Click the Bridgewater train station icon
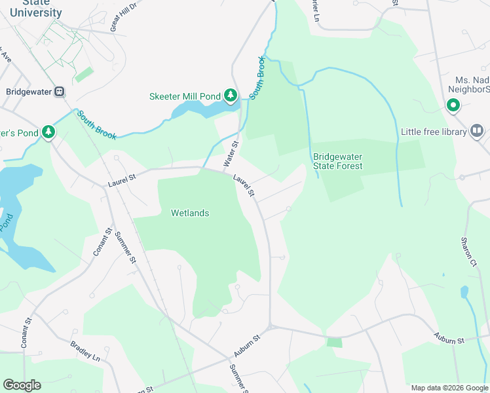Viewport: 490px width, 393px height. click(60, 92)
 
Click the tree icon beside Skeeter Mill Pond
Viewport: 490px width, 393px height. click(230, 96)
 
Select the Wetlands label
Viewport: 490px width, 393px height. click(190, 213)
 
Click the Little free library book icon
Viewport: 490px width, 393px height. click(477, 132)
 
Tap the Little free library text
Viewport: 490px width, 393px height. click(434, 132)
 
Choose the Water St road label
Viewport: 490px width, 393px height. click(230, 153)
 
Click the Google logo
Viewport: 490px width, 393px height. click(22, 385)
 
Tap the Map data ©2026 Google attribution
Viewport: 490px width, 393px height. click(449, 388)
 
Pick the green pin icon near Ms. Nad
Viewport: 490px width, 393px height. click(453, 105)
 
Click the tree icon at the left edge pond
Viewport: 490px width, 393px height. click(48, 132)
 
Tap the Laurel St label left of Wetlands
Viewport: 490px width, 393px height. click(122, 176)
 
